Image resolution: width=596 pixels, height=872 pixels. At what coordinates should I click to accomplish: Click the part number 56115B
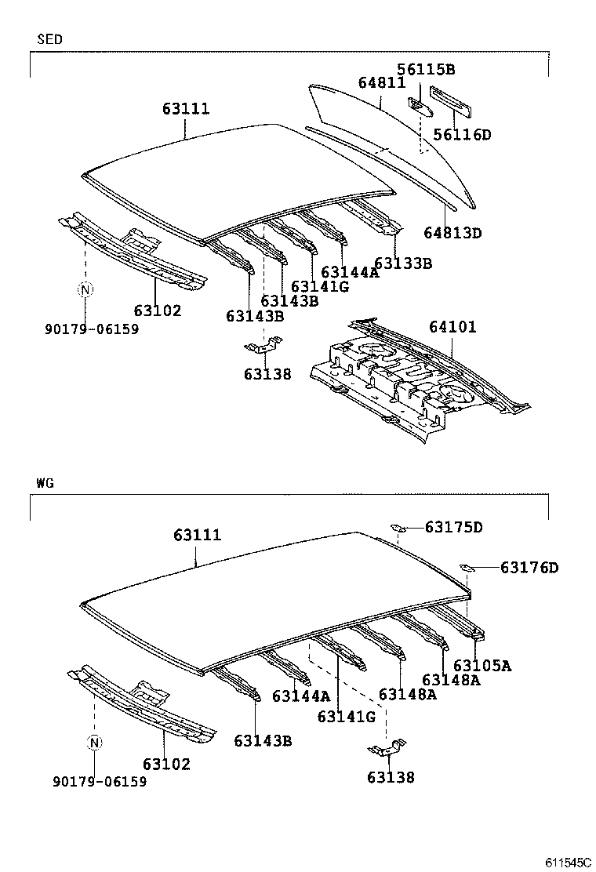pos(426,70)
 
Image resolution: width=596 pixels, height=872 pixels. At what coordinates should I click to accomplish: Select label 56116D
pos(463,134)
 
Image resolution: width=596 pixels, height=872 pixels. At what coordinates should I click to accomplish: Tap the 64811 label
pos(382,82)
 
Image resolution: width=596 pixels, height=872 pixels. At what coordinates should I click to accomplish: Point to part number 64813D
pos(452,232)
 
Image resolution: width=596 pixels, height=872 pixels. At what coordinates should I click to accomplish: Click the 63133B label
pos(403,263)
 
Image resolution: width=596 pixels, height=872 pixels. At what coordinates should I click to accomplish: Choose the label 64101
pos(452,326)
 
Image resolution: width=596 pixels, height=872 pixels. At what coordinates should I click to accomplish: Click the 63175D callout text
pos(454,527)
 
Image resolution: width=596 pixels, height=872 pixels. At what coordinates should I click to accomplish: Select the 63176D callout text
pos(529,567)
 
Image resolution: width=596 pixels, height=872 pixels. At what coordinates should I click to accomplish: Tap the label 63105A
pos(482,665)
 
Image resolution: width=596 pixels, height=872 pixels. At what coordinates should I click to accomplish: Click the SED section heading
pos(49,38)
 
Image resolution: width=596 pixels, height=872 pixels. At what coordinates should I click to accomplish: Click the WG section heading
pos(44,483)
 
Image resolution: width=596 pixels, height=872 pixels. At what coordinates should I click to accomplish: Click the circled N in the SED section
pos(85,290)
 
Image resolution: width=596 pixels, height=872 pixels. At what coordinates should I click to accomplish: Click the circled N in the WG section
pos(94,743)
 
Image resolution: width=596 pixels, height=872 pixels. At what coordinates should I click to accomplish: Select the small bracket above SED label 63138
pos(261,346)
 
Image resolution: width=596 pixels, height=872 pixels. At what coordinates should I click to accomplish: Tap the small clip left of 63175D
pos(398,528)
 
